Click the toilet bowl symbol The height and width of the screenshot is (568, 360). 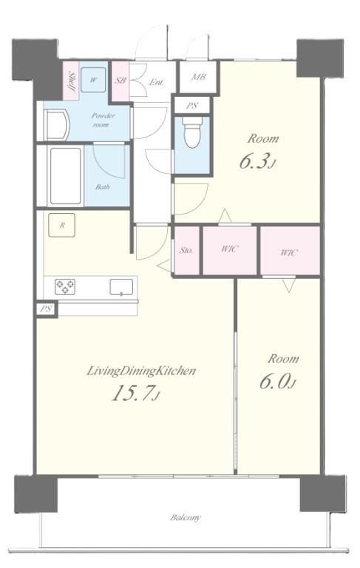192,132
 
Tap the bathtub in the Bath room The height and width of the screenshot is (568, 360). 65,176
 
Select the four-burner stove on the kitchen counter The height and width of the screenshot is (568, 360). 65,287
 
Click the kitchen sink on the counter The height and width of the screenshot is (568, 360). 121,287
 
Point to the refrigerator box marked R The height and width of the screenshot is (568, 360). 61,226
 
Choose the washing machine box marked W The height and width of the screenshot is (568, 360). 93,80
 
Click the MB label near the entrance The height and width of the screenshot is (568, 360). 199,77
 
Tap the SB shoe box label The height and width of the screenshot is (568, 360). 120,81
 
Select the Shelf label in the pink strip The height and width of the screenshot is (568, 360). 72,82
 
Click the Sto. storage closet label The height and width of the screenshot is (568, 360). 186,250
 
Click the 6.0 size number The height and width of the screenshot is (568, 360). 278,382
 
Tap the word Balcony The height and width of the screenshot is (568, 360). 185,517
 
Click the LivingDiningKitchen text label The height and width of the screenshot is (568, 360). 141,371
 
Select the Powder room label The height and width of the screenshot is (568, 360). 103,120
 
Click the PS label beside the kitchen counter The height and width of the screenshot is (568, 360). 46,310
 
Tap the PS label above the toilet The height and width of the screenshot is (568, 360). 192,106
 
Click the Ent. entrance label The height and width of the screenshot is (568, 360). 157,83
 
